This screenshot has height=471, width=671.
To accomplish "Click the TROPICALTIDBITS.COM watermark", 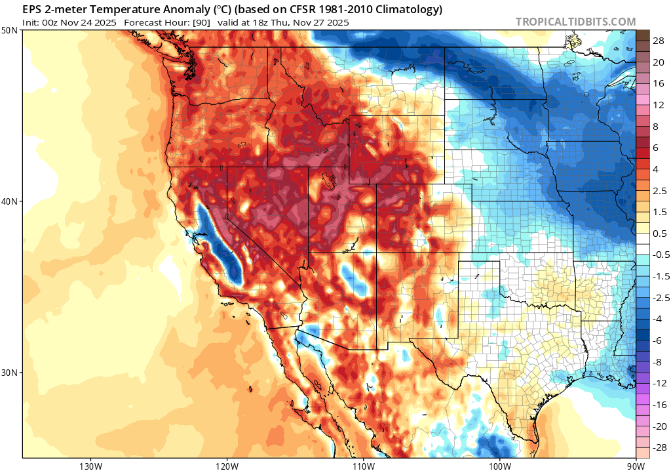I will pos(575,22).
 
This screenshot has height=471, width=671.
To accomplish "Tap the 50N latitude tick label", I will pos(10,31).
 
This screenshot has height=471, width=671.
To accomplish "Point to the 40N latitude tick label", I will pos(10,201).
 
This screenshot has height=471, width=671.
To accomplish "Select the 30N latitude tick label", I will pos(10,372).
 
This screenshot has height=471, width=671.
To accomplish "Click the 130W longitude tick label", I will pos(90,465).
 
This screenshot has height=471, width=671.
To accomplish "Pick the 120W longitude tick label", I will pos(227,465).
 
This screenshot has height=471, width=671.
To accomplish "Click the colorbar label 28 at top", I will pos(659,40).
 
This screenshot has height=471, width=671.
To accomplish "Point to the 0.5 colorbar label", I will pos(660,233).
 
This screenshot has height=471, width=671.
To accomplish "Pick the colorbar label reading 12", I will pos(659,104).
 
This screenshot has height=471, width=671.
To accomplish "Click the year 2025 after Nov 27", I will pos(336,22).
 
